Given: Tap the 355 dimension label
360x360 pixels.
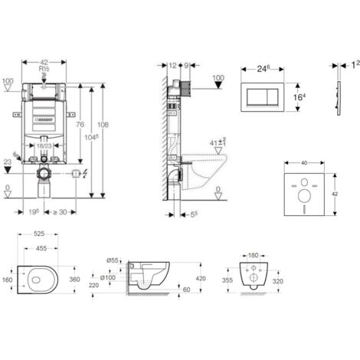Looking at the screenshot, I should click(x=227, y=281).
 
